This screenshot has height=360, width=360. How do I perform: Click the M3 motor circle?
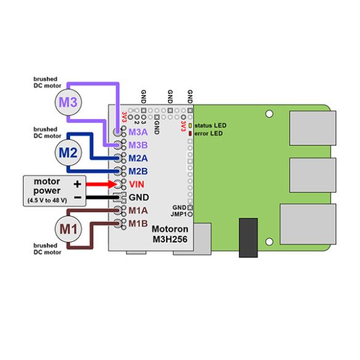(x=68, y=102)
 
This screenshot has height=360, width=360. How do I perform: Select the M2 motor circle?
(x=68, y=153)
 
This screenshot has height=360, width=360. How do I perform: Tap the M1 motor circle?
(x=68, y=229)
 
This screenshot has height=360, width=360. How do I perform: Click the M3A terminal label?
(x=138, y=132)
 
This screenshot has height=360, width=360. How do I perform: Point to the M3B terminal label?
(x=138, y=145)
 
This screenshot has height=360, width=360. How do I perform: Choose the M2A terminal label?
(x=138, y=158)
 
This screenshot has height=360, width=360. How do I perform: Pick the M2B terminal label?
(x=138, y=171)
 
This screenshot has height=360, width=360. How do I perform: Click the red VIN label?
(x=137, y=185)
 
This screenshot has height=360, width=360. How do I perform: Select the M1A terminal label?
(x=138, y=210)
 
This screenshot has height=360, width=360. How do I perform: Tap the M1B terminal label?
(x=138, y=223)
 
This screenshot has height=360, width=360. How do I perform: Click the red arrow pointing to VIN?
(x=102, y=184)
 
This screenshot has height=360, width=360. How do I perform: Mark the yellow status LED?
(x=190, y=126)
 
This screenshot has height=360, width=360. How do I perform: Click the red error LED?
(x=190, y=134)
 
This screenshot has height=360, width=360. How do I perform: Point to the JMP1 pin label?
(x=179, y=214)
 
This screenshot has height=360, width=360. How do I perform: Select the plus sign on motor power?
(x=78, y=184)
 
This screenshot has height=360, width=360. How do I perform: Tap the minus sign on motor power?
(x=78, y=198)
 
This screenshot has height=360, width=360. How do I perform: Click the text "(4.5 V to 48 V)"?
(x=47, y=201)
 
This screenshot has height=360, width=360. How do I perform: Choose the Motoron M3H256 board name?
(x=170, y=234)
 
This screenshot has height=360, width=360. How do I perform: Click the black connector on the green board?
(x=248, y=238)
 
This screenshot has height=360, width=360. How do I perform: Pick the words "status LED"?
(x=210, y=126)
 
